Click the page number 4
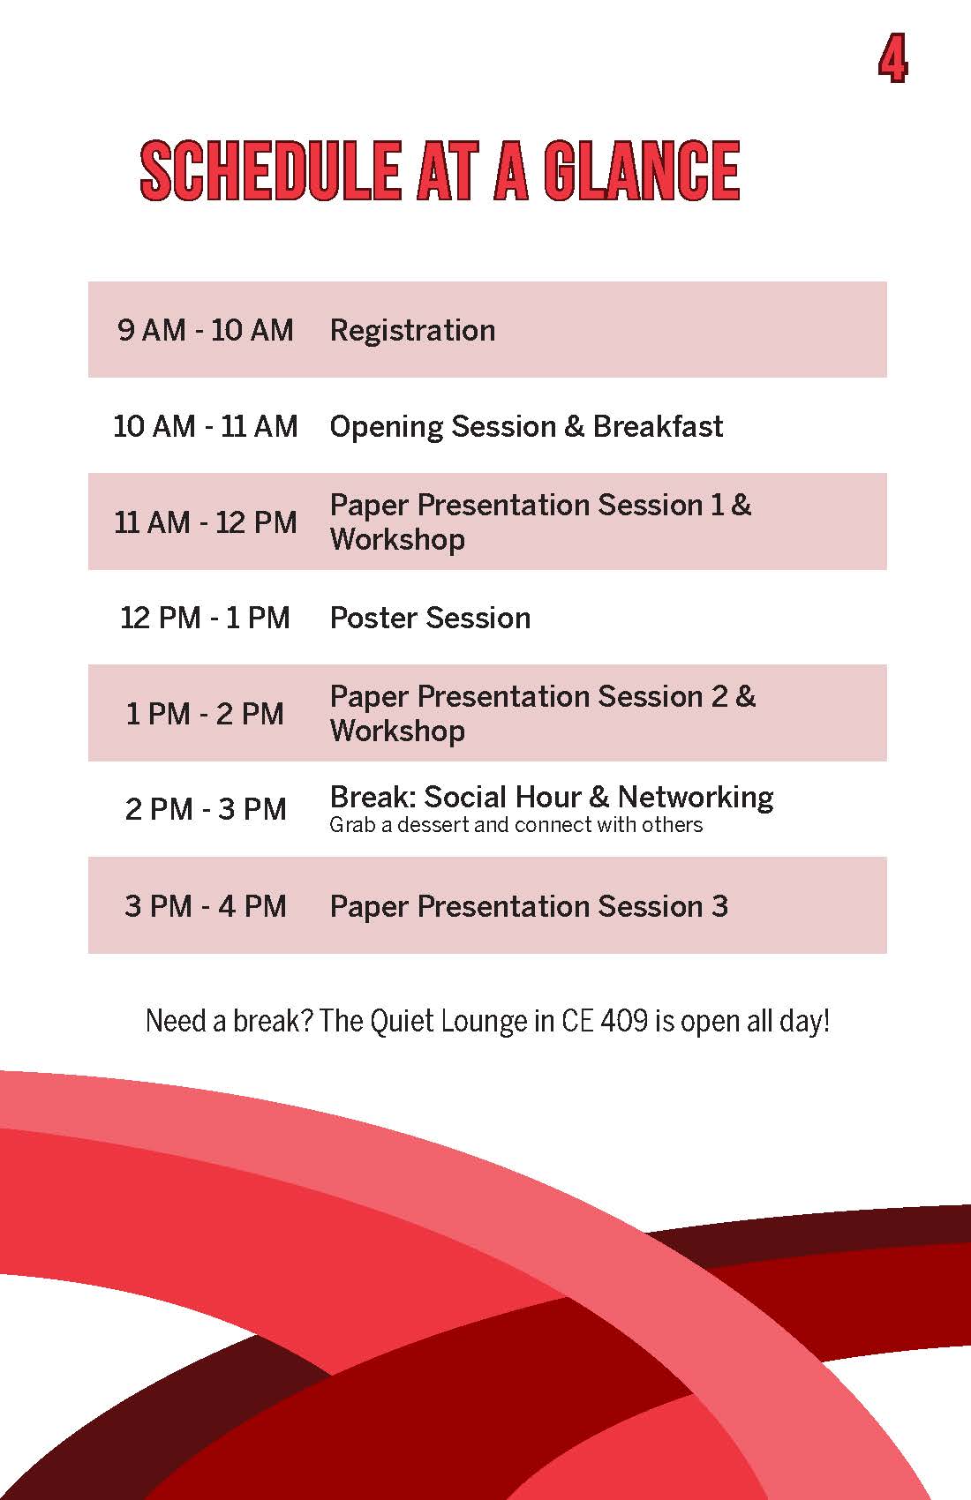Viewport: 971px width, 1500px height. pos(892,59)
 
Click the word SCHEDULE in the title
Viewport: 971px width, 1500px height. pos(270,170)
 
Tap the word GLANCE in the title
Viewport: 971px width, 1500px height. pos(642,170)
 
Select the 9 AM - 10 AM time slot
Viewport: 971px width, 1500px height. pos(205,330)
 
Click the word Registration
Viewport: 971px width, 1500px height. pos(413,330)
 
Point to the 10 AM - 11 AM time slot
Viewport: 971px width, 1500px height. pos(205,426)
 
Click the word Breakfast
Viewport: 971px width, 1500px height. pos(658,426)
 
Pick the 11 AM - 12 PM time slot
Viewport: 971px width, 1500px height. pos(205,522)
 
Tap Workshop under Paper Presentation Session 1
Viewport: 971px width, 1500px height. pos(397,540)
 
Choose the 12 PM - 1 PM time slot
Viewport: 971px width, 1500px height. pos(205,618)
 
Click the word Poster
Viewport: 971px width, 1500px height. pos(373,618)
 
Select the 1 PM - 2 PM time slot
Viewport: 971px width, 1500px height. pos(205,714)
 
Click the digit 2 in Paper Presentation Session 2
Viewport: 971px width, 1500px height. pos(719,696)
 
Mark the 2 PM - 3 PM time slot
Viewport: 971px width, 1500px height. pos(205,809)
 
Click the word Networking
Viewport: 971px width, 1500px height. pos(696,798)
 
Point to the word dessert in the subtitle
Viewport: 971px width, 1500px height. pos(433,824)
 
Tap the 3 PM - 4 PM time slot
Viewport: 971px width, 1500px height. pos(205,906)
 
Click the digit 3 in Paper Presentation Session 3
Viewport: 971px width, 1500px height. pos(719,906)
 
